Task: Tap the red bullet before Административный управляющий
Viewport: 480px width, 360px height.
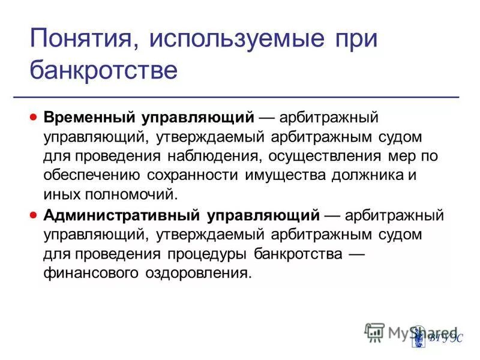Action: pyautogui.click(x=35, y=214)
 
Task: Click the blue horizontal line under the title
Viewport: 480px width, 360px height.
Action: pyautogui.click(x=240, y=97)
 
